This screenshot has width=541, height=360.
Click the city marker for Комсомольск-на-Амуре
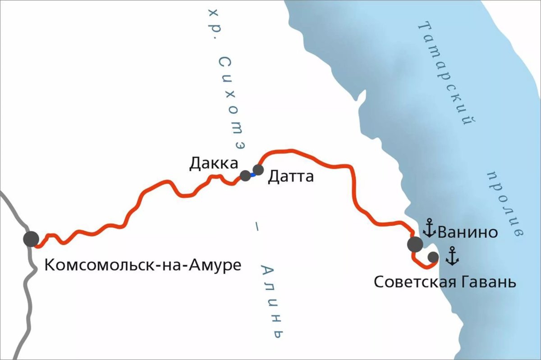point(31,239)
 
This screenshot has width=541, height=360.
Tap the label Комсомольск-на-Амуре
point(143,265)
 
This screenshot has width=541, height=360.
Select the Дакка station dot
point(245,176)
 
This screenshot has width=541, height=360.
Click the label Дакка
point(213,163)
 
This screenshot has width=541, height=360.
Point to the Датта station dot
point(258,170)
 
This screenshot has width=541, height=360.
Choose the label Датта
point(291,176)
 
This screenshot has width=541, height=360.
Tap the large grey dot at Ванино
point(415,244)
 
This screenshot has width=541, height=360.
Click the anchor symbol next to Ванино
point(429,228)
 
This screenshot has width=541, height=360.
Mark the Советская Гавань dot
point(433,257)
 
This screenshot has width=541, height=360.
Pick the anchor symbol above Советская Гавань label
point(452,256)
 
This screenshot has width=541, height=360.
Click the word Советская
point(416,283)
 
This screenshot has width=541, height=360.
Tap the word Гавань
point(489,283)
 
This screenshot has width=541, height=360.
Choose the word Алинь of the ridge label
point(273,302)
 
